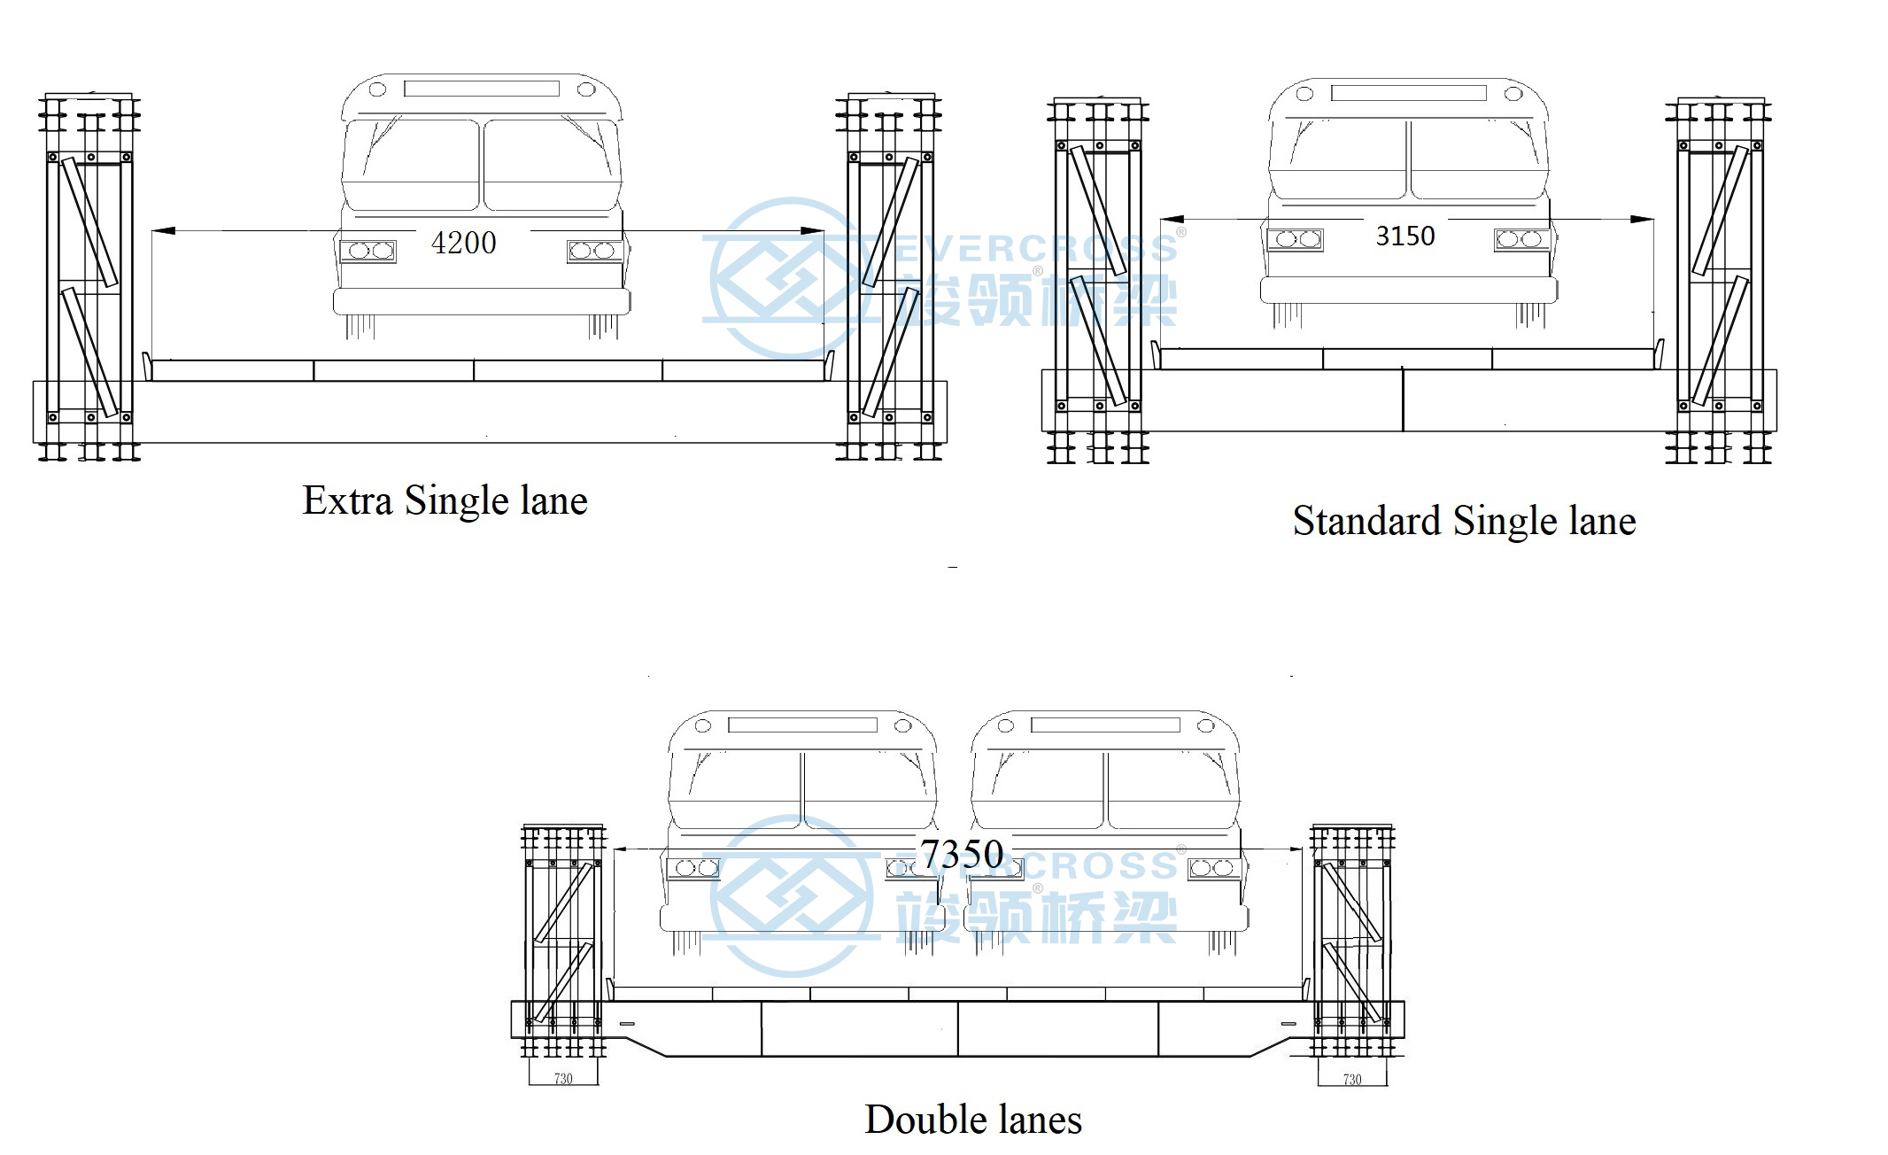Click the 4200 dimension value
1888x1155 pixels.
pos(463,243)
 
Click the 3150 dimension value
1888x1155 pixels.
pos(1404,236)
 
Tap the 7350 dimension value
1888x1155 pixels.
pos(962,854)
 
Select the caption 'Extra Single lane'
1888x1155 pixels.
pos(445,500)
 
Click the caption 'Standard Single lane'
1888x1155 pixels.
pos(1464,521)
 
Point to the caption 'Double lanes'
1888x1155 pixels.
pos(973,1120)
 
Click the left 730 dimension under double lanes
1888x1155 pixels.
pos(563,1079)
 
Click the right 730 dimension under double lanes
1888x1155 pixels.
pos(1352,1079)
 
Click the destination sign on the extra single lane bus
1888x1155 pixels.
pos(482,89)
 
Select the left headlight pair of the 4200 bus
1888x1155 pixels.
pos(368,251)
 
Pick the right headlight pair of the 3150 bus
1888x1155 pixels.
pos(1520,239)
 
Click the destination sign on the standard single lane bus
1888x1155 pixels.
pos(1408,93)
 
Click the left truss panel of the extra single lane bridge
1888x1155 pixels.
pos(89,283)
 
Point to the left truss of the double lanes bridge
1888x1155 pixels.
pos(563,939)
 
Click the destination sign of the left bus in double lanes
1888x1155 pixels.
pos(802,725)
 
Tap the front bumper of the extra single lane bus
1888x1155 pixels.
pos(481,301)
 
